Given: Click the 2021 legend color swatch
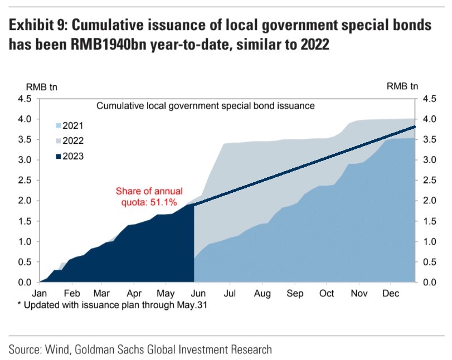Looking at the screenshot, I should (x=57, y=126).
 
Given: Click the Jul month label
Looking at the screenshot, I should (x=229, y=293).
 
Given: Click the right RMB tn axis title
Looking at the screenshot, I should (x=401, y=86).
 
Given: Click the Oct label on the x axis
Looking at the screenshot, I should (x=327, y=293).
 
